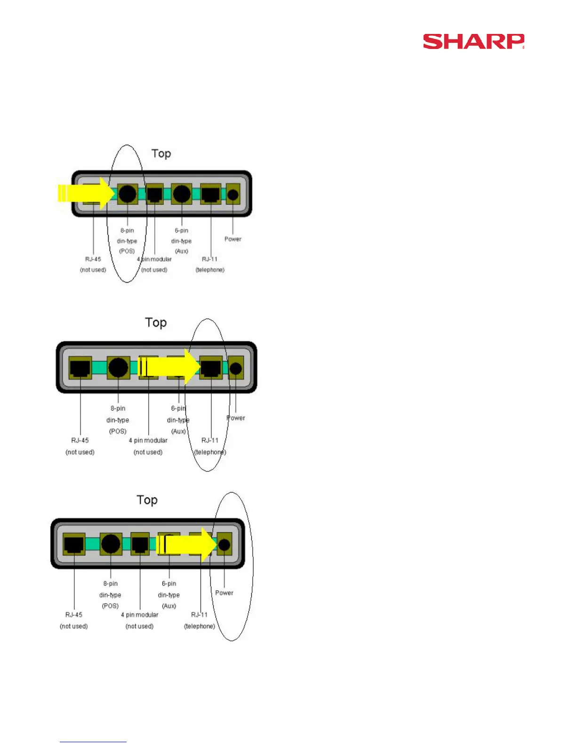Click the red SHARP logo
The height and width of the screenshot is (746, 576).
(473, 41)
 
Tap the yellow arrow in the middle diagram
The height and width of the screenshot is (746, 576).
(169, 367)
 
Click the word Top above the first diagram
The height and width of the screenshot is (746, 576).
(161, 154)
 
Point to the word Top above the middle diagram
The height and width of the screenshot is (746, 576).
(156, 323)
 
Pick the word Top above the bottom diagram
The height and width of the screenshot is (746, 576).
(147, 500)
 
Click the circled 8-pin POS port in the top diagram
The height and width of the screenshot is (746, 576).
(127, 194)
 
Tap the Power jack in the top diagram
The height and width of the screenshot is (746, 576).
(232, 194)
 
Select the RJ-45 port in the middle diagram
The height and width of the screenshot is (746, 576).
(80, 367)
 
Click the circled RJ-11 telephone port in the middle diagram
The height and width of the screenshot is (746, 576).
(211, 367)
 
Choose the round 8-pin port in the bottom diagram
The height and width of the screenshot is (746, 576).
(111, 544)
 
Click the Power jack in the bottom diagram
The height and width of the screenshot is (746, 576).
(224, 545)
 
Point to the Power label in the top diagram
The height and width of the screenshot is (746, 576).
(232, 239)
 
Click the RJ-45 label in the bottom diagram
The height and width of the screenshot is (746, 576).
(74, 615)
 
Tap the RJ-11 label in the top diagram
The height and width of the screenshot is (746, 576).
(210, 259)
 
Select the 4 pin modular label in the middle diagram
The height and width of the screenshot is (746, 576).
(148, 440)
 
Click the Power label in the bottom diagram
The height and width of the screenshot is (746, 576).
(224, 593)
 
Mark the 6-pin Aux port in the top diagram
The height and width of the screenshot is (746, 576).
(182, 194)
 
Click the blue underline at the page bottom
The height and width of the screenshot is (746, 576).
(93, 742)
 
